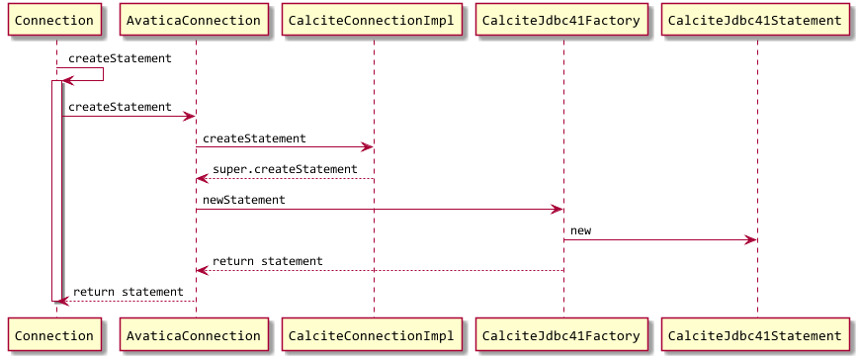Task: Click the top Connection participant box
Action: coord(55,20)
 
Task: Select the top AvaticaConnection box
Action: coord(195,20)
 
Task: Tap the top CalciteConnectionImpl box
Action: coord(374,20)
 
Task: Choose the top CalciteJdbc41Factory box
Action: coord(563,20)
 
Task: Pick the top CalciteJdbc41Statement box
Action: coord(756,20)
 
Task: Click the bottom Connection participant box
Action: coord(55,336)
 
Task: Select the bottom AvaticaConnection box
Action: coord(195,336)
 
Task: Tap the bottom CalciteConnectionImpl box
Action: coord(374,336)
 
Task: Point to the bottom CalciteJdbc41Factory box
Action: coord(563,336)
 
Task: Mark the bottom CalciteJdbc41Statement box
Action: coord(756,336)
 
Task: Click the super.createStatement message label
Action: coord(285,169)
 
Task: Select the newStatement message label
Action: coord(244,200)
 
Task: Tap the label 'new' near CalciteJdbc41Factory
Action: coord(580,230)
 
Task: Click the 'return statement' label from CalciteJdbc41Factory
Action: coord(268,261)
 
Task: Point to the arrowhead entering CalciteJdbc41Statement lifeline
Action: coord(751,239)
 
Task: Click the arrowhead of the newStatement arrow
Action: coord(558,209)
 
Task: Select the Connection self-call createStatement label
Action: coord(120,58)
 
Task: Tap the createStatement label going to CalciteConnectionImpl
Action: coord(254,138)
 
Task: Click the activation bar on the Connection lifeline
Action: coord(55,188)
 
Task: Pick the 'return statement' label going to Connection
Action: coord(128,292)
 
